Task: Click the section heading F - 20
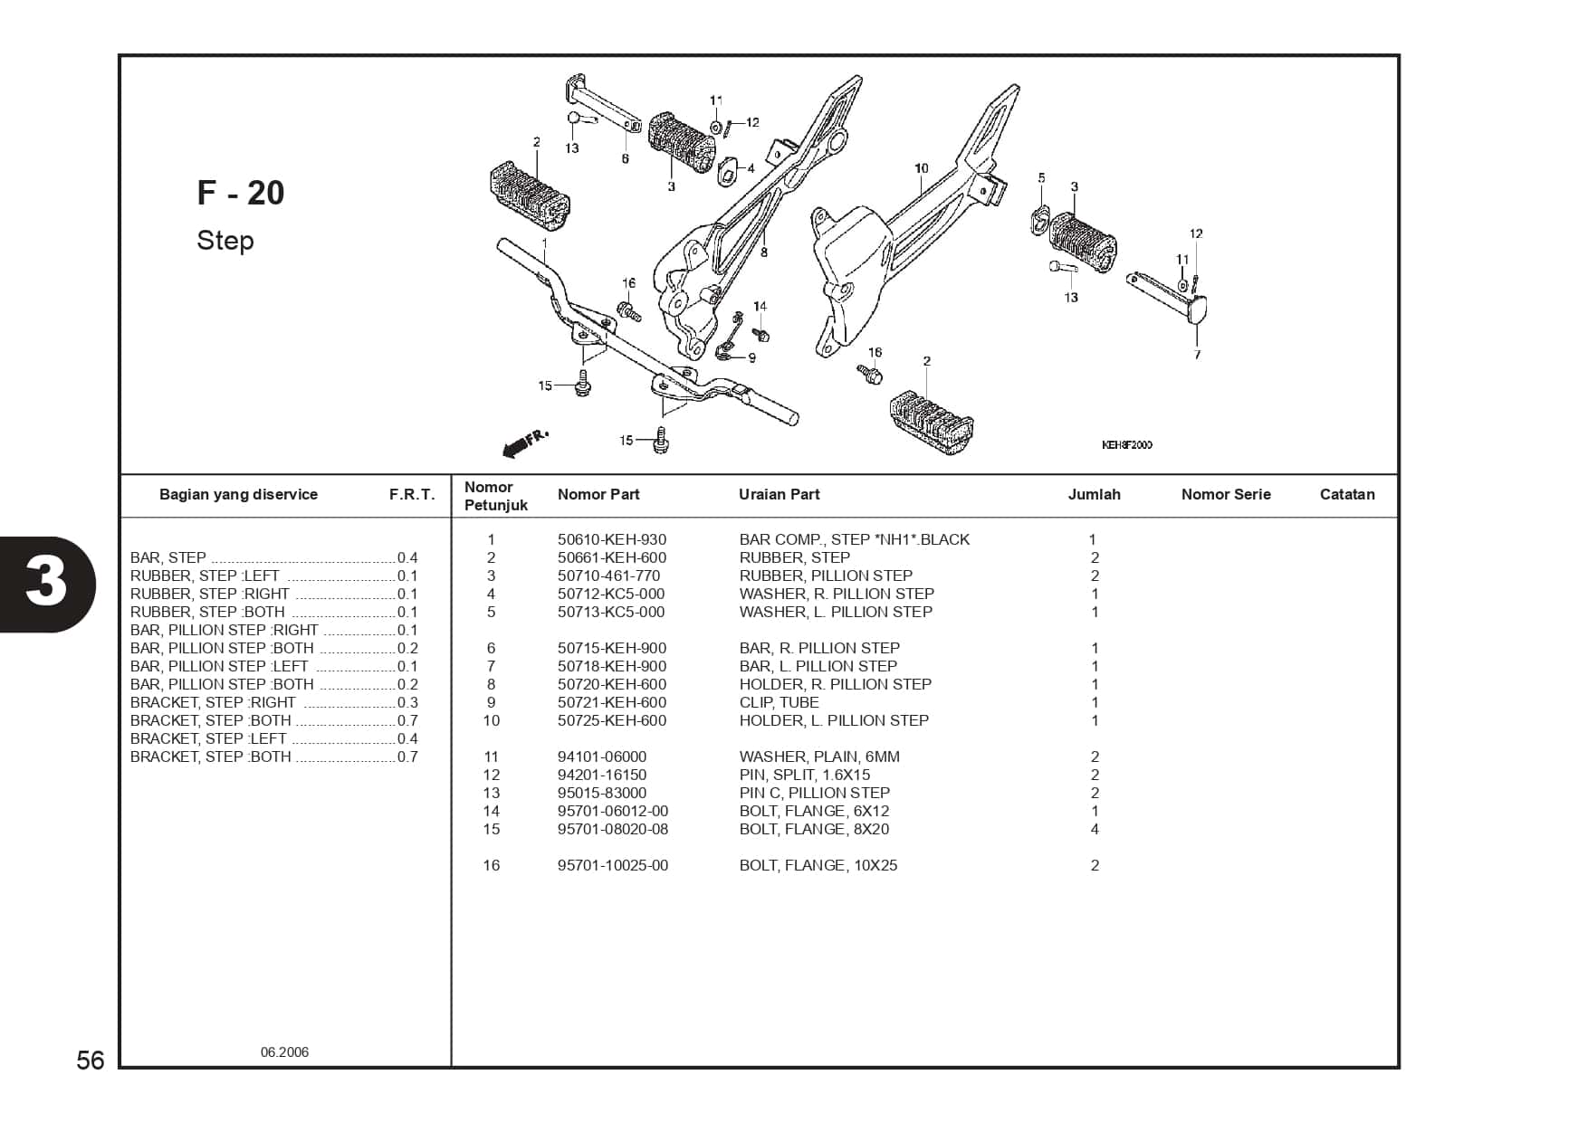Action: coord(241,193)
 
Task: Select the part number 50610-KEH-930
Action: coord(611,539)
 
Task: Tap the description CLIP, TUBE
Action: coord(779,702)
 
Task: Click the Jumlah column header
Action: coord(1094,494)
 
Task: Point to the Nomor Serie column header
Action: coord(1225,494)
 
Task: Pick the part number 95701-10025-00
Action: coord(612,865)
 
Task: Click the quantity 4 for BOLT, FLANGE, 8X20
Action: coord(1095,829)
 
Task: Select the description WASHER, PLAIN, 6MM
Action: coord(818,757)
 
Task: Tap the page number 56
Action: coord(91,1060)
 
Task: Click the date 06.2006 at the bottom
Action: coord(284,1052)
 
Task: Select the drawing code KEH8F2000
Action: coord(1126,445)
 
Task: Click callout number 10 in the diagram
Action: coord(921,168)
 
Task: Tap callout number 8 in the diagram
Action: coord(764,252)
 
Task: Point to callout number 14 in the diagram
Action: coord(760,307)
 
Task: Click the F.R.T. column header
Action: coord(412,495)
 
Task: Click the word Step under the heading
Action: coord(225,241)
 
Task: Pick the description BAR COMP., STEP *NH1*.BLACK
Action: coord(854,539)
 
